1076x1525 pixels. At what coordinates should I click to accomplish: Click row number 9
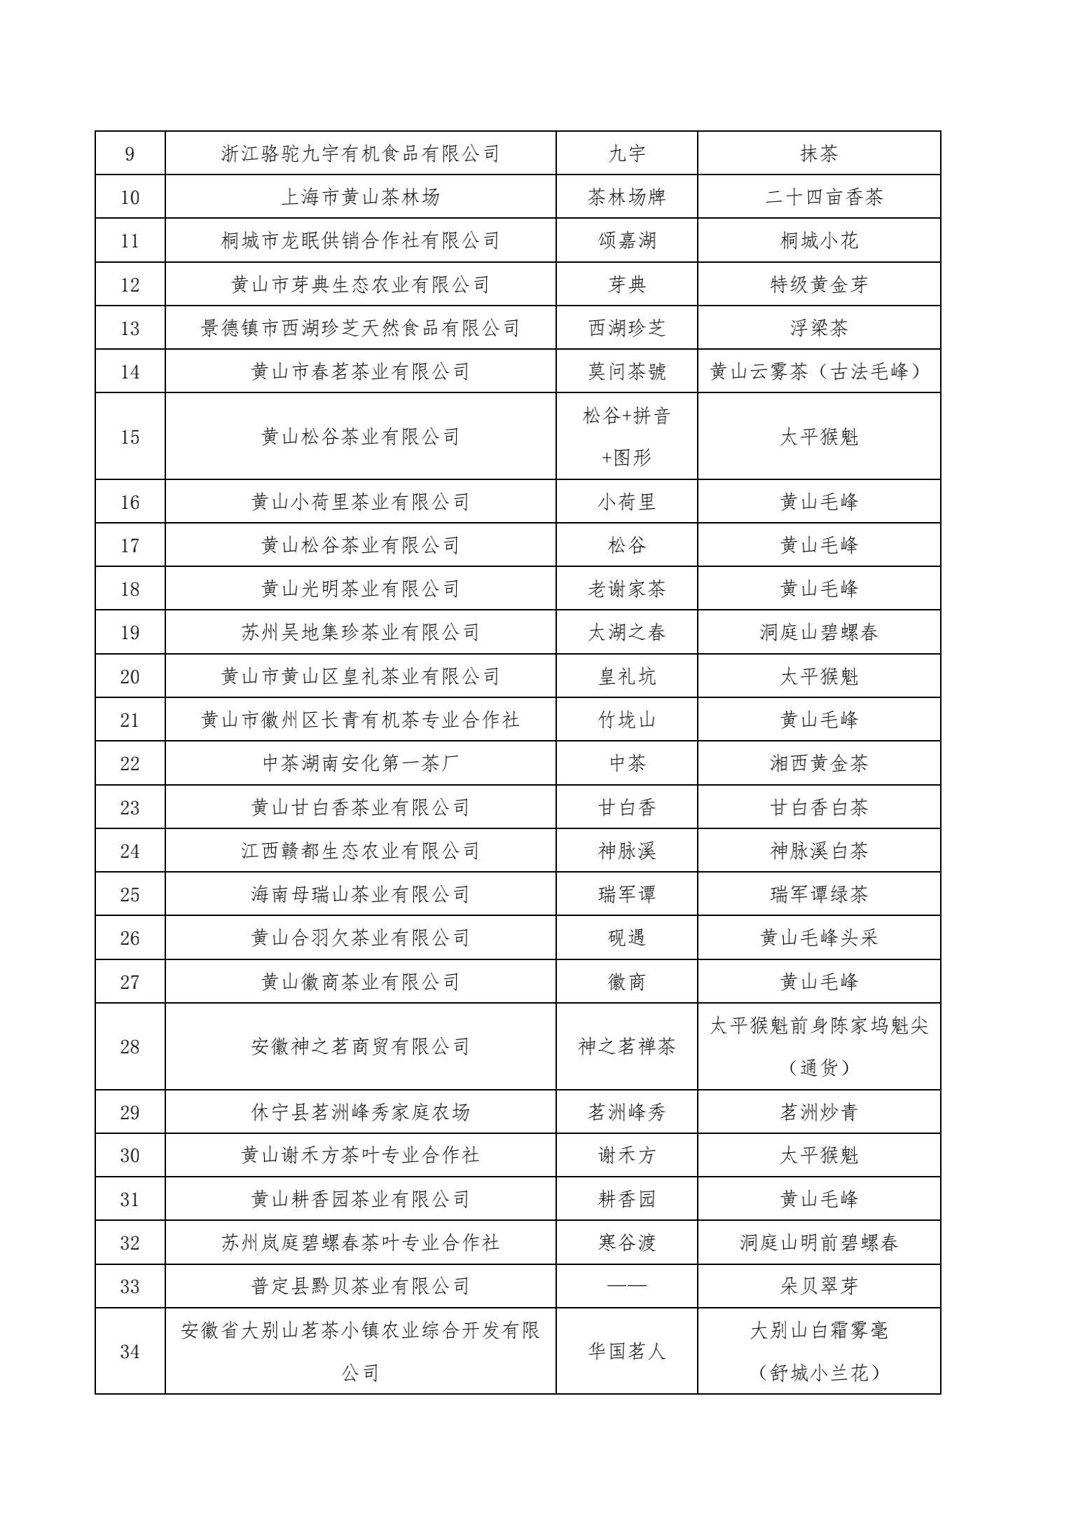point(130,153)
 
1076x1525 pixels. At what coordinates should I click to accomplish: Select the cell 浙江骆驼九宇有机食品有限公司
point(360,153)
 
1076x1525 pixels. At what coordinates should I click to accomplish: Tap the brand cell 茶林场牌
point(626,197)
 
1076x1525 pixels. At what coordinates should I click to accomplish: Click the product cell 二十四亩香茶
point(818,197)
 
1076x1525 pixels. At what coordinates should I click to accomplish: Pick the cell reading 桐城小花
point(818,241)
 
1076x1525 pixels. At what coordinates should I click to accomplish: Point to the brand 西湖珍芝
point(626,328)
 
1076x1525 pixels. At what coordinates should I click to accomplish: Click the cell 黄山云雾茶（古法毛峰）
point(818,371)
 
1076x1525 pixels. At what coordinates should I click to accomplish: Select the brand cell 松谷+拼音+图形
point(626,437)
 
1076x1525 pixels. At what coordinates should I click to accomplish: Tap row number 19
point(130,633)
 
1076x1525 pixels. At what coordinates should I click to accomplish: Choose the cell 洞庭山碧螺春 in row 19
point(818,633)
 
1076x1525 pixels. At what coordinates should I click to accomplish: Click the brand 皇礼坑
point(626,676)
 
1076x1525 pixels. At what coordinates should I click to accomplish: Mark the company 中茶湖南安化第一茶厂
point(360,763)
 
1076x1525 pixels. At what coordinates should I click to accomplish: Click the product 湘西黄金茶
point(818,763)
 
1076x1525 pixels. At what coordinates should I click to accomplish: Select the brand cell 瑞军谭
point(626,894)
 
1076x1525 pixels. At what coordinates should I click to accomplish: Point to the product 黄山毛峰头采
point(818,938)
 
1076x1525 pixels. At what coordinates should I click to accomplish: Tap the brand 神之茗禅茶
point(626,1047)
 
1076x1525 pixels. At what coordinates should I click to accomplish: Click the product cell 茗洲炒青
point(818,1112)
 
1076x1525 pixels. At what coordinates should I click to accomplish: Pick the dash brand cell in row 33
point(626,1286)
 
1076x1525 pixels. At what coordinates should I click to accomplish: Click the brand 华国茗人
point(626,1351)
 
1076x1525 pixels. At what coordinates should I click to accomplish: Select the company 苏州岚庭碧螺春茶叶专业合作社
point(360,1243)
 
